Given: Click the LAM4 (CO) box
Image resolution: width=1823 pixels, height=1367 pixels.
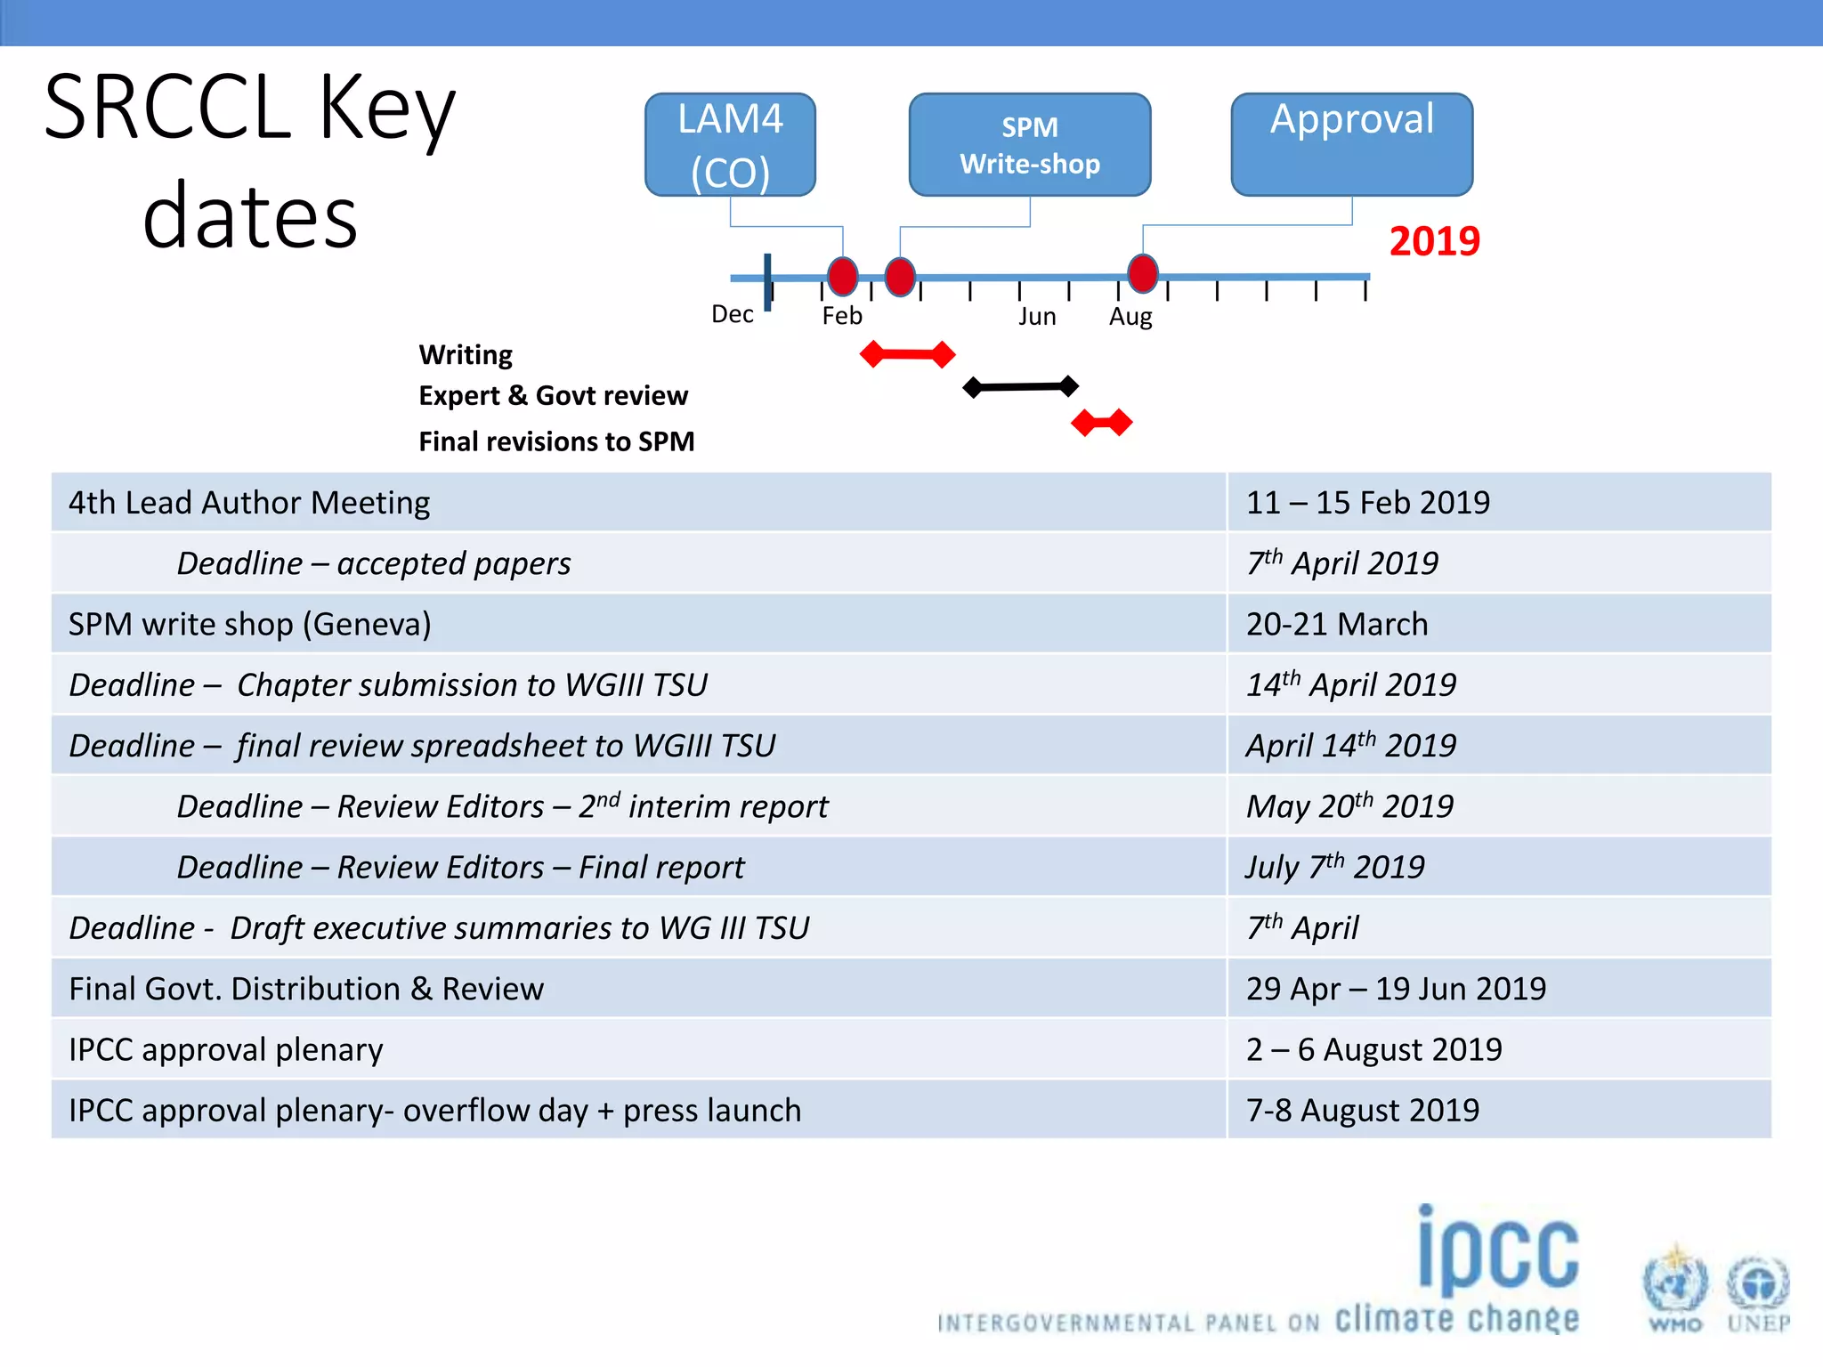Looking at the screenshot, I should (x=730, y=144).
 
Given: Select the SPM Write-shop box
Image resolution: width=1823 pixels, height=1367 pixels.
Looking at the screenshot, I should (x=1030, y=144).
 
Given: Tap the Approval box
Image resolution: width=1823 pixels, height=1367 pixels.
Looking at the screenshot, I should (x=1351, y=144).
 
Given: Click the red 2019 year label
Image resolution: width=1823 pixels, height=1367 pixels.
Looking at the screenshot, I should (x=1434, y=241).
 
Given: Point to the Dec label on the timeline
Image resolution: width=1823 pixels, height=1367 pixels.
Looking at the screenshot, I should (x=732, y=314).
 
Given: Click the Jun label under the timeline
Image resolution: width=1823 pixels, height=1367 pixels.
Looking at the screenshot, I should (x=1037, y=317).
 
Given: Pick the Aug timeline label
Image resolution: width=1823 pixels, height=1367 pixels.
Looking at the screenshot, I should (x=1130, y=317).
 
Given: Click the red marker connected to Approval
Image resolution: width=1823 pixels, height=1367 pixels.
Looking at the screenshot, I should (x=1143, y=273).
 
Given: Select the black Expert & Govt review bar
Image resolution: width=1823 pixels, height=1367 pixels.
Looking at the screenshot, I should (x=1021, y=387).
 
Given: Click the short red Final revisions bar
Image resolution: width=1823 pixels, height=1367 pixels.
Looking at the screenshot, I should (x=1102, y=423).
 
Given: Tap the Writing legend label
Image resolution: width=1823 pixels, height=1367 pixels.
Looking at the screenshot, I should (x=466, y=355).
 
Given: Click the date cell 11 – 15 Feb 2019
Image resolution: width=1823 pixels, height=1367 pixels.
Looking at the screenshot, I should (x=1367, y=503).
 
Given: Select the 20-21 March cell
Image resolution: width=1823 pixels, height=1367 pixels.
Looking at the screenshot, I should (x=1336, y=625).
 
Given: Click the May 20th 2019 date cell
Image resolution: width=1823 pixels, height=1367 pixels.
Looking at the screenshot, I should (x=1349, y=806).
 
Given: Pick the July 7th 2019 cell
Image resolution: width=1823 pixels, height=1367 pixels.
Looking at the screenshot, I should (x=1334, y=867).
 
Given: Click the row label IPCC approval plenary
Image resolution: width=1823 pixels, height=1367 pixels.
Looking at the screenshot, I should (x=226, y=1050).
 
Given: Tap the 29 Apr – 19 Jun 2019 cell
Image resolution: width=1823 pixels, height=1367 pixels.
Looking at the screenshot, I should (x=1396, y=989).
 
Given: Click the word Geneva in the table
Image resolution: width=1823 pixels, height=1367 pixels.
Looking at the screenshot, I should (x=366, y=625).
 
